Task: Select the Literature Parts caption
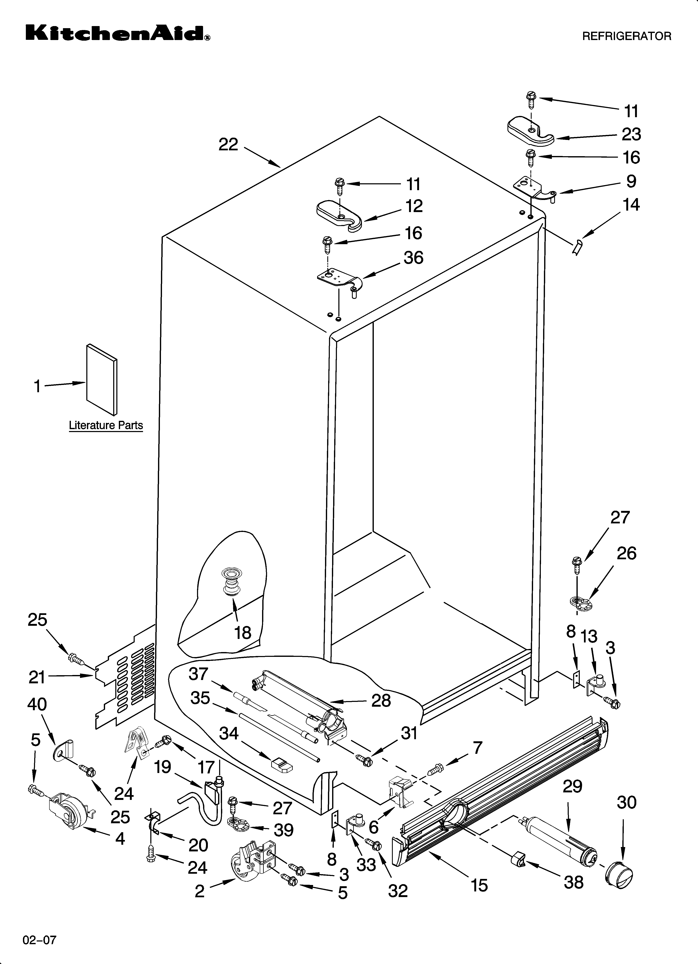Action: click(106, 425)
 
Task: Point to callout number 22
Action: click(228, 145)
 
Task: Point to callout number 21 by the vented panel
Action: click(37, 677)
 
